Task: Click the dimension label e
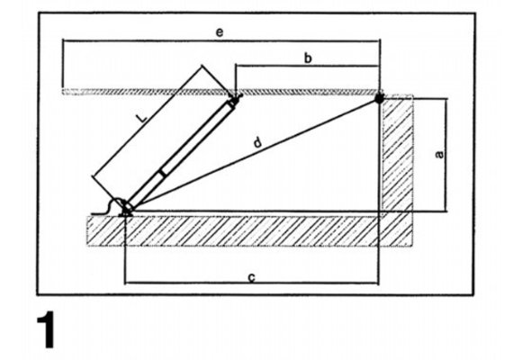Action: coord(220,32)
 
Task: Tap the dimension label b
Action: coord(309,58)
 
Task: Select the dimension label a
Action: coord(439,154)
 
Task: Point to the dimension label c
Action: coord(252,277)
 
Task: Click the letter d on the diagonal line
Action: coord(257,142)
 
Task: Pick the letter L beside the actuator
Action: coord(142,118)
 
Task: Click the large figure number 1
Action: coord(45,329)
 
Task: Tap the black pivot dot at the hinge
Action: coord(379,98)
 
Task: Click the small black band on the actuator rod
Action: coord(162,173)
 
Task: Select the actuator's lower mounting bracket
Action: coord(127,208)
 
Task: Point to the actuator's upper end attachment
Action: coord(234,100)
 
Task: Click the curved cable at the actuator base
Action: coord(106,207)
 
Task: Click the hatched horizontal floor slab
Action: coord(249,231)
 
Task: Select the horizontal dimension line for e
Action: coord(221,40)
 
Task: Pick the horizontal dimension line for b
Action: coord(307,66)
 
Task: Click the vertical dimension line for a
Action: coord(445,155)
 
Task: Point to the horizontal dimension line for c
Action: coord(251,283)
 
